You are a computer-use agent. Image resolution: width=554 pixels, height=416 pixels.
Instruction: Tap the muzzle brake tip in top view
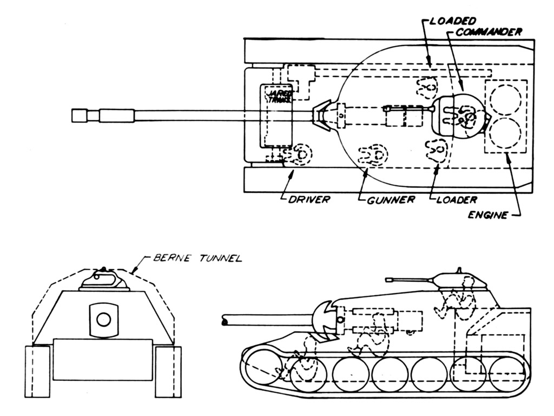click(x=79, y=115)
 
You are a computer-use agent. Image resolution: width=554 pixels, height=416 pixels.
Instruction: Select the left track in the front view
click(x=37, y=372)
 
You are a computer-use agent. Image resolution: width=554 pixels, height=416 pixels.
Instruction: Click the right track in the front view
click(x=168, y=372)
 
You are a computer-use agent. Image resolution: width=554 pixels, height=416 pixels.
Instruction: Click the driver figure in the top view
click(x=299, y=155)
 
